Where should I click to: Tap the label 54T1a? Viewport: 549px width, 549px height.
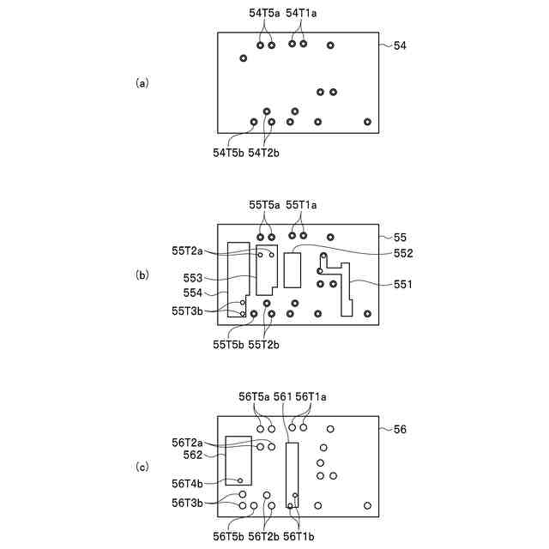tap(302, 13)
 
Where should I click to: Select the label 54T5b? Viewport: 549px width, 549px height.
tap(229, 153)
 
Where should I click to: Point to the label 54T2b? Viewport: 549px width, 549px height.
tap(264, 153)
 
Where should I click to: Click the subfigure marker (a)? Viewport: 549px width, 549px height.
tap(142, 83)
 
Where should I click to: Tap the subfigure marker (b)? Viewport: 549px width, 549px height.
tap(142, 275)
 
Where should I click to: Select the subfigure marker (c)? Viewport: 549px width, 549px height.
tap(142, 468)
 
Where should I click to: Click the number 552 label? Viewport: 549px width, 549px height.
tap(403, 253)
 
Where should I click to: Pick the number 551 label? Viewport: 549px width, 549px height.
tap(403, 284)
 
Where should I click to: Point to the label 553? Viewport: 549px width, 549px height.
tap(193, 278)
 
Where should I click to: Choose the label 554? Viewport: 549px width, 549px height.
tap(193, 293)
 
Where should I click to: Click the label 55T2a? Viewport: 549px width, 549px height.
tap(188, 250)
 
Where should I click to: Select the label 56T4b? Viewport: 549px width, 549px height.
tap(188, 483)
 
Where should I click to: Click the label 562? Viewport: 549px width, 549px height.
tap(193, 455)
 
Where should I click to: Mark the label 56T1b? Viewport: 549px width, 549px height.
tap(299, 536)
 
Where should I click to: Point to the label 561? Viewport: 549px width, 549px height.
tap(282, 396)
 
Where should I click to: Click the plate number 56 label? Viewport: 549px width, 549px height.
tap(400, 429)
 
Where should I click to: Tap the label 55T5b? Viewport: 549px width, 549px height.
tap(229, 345)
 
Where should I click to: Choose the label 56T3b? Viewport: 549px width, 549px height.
tap(188, 502)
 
